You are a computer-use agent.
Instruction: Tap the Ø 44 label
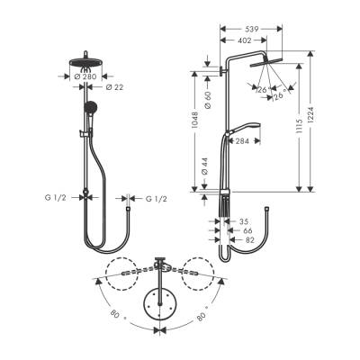[x=208, y=166]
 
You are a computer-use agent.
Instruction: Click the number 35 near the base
[x=243, y=220]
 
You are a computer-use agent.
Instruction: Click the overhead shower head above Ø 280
[x=86, y=63]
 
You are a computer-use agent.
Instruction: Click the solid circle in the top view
[x=160, y=303]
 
